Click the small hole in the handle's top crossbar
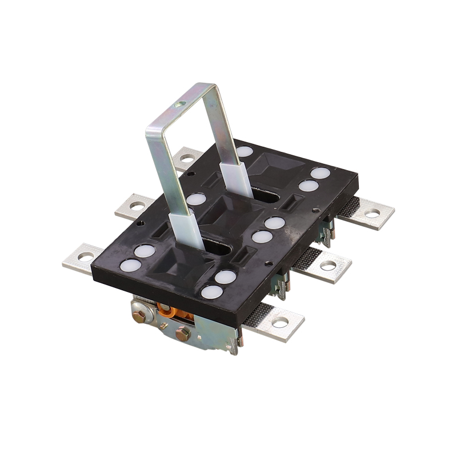[181, 105]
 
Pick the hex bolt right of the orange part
[183, 334]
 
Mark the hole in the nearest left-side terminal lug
[85, 256]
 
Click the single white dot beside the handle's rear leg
[244, 151]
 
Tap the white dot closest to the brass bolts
[212, 292]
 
